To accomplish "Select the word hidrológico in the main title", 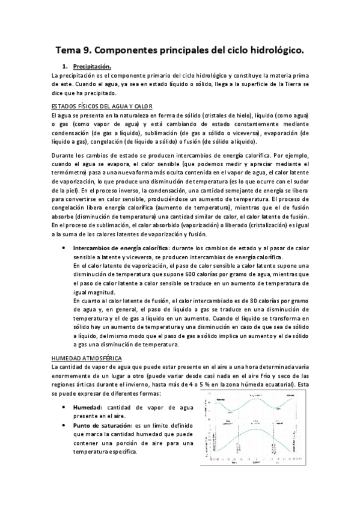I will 268,52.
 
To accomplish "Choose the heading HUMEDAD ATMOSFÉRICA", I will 87,358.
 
